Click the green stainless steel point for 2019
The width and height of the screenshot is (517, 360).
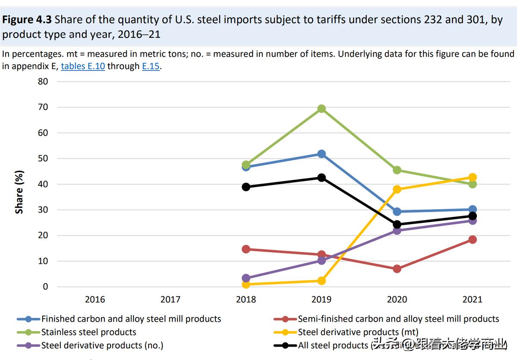[321, 109]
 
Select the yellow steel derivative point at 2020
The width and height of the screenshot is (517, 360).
[397, 189]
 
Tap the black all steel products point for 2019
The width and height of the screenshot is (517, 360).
[321, 178]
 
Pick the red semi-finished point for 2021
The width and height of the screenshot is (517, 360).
[472, 239]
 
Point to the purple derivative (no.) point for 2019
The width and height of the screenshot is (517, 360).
[321, 260]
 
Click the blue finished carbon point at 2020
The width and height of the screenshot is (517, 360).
[397, 212]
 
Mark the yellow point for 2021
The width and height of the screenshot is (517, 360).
[472, 177]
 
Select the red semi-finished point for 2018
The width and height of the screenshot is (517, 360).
[246, 249]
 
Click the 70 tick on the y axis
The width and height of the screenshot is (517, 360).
[43, 107]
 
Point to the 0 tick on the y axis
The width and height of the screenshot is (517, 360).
[45, 287]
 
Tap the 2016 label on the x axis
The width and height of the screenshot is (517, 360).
[95, 299]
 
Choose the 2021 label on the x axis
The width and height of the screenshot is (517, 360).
[472, 299]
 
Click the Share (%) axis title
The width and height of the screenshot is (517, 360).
[19, 192]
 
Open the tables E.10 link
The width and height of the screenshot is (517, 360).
[83, 66]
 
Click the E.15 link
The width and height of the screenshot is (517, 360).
[151, 66]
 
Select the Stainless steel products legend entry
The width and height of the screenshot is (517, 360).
[88, 332]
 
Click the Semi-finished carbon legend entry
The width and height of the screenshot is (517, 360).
[398, 319]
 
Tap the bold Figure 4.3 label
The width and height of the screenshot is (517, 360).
[27, 20]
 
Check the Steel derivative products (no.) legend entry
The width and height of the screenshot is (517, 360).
[102, 345]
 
